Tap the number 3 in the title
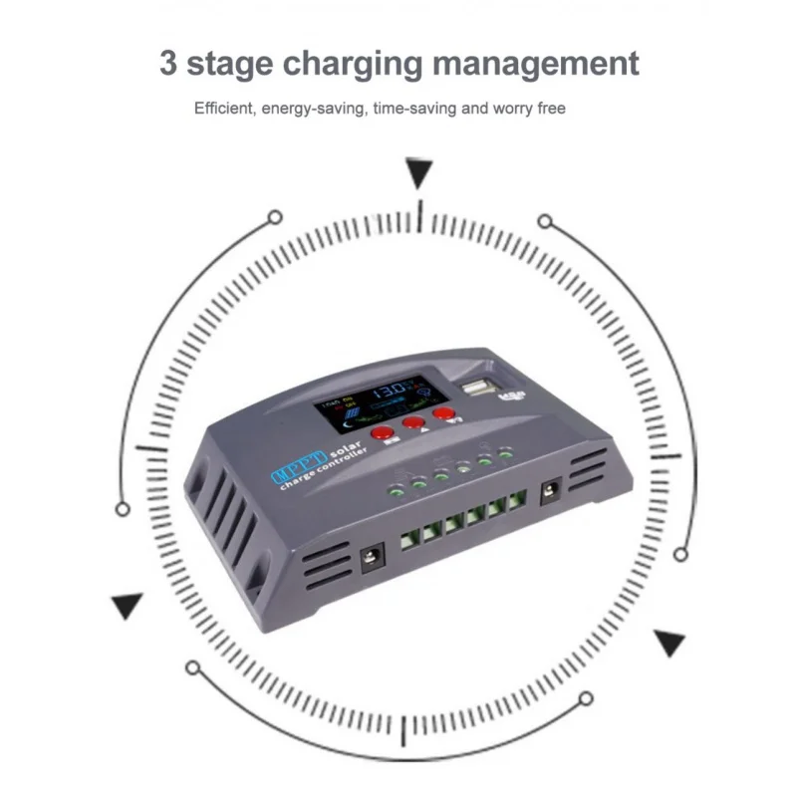(x=170, y=63)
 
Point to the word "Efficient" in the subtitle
(x=224, y=108)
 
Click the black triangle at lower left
(x=127, y=606)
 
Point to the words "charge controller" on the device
(x=324, y=472)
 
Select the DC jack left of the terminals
(x=372, y=560)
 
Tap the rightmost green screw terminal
(x=516, y=502)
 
